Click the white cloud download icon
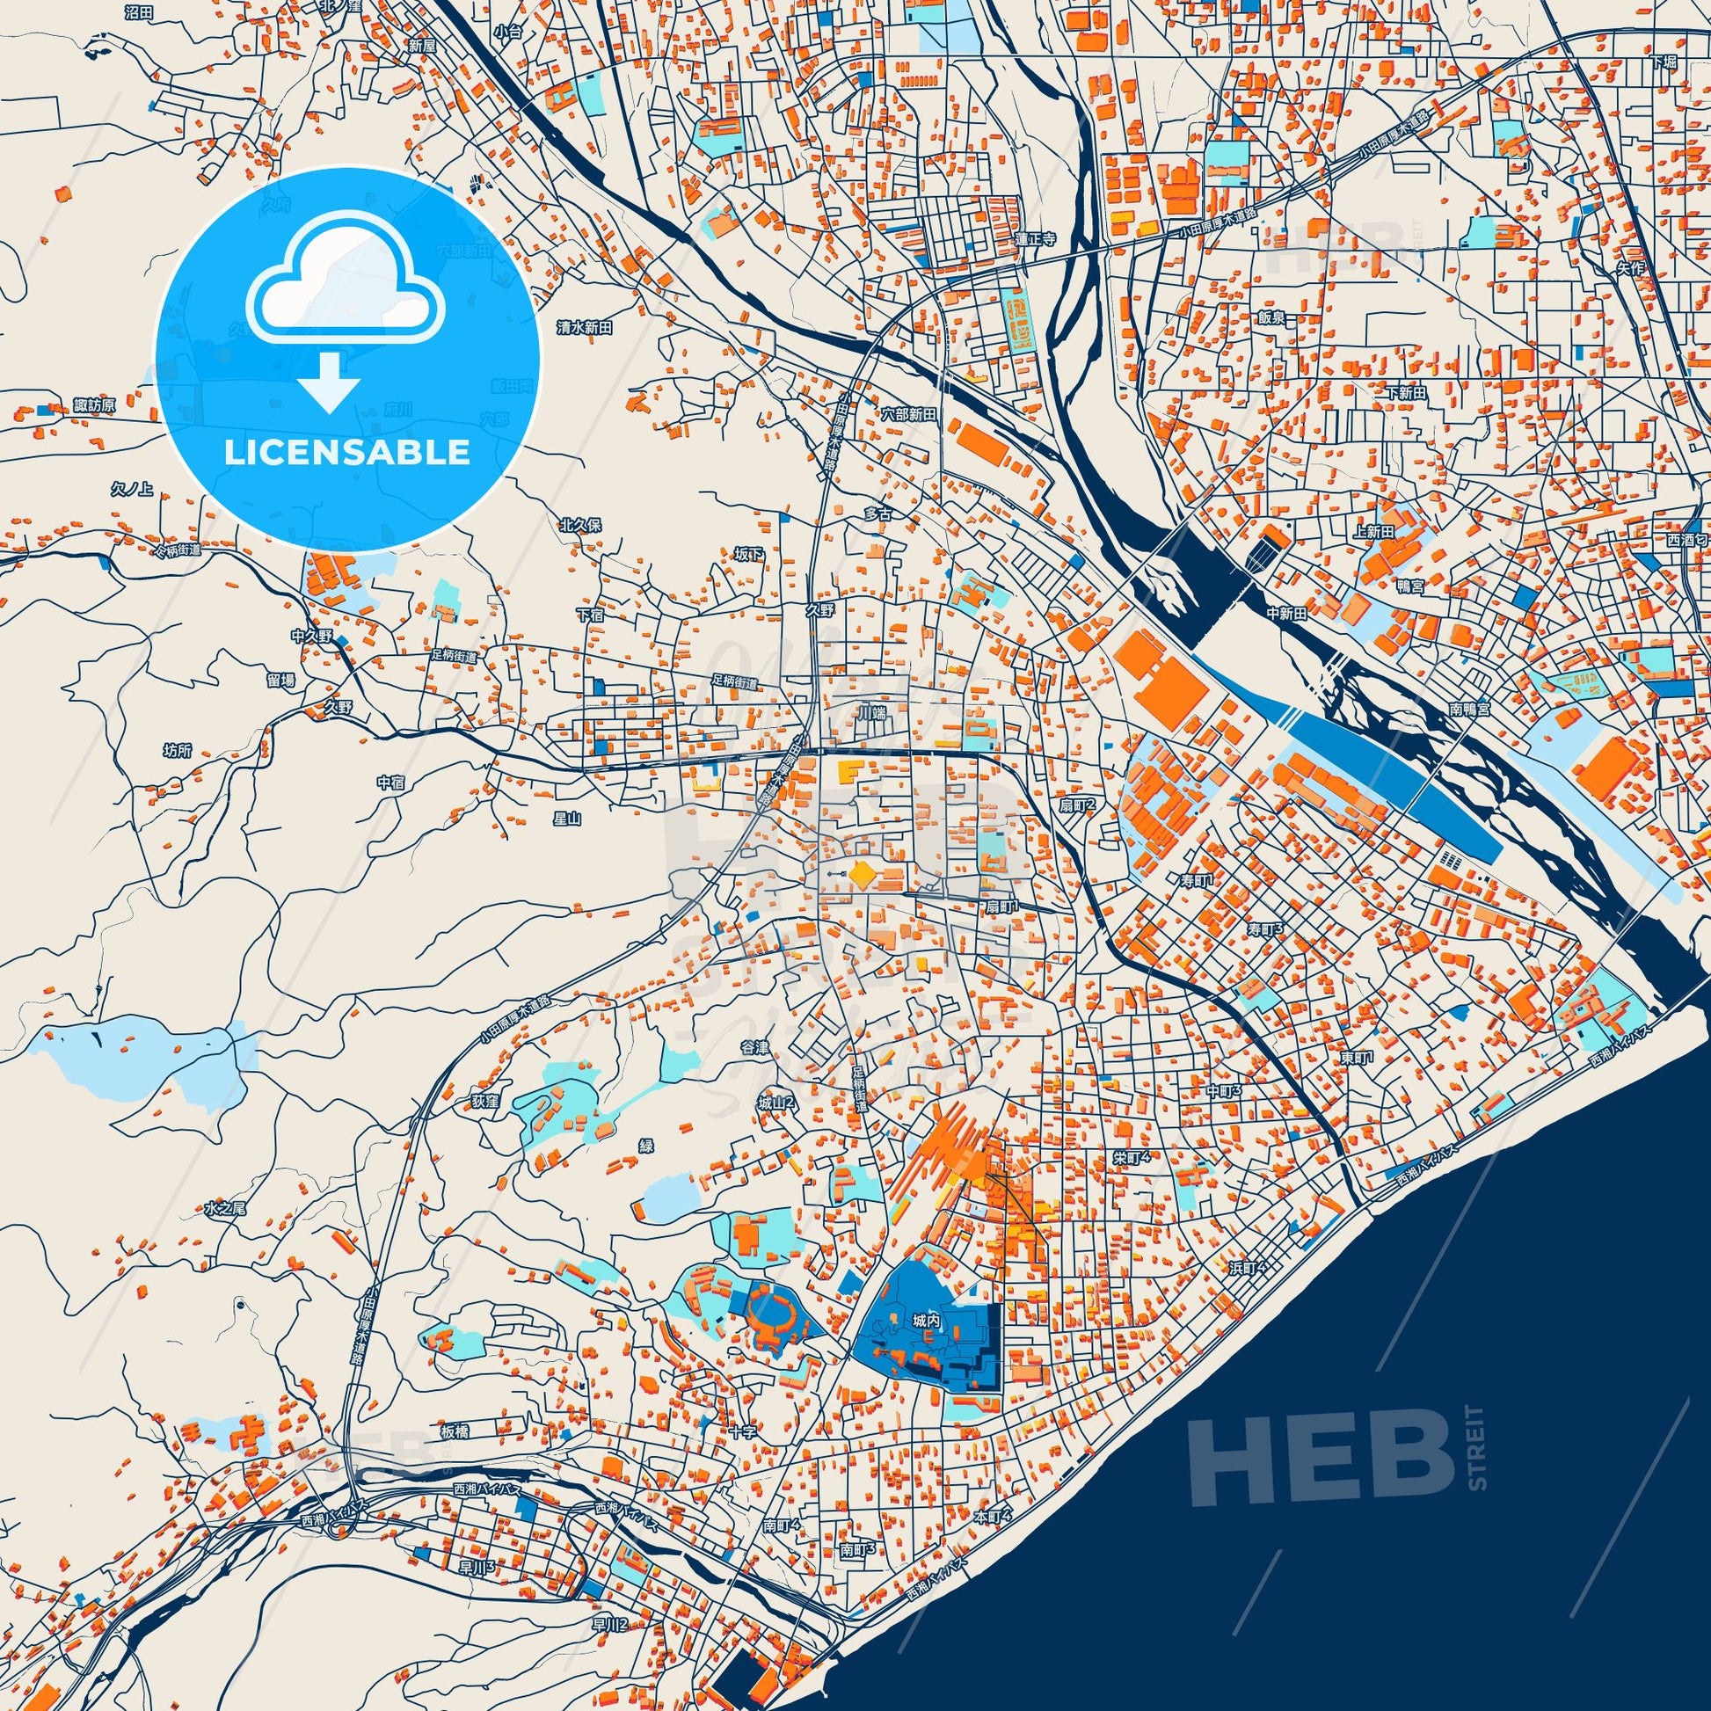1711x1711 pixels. click(x=346, y=293)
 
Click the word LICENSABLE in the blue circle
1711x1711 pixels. click(x=346, y=453)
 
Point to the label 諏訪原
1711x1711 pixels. click(x=95, y=405)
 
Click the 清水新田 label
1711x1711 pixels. click(x=585, y=327)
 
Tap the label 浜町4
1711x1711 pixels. click(x=1248, y=1268)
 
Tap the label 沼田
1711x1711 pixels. click(x=139, y=12)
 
